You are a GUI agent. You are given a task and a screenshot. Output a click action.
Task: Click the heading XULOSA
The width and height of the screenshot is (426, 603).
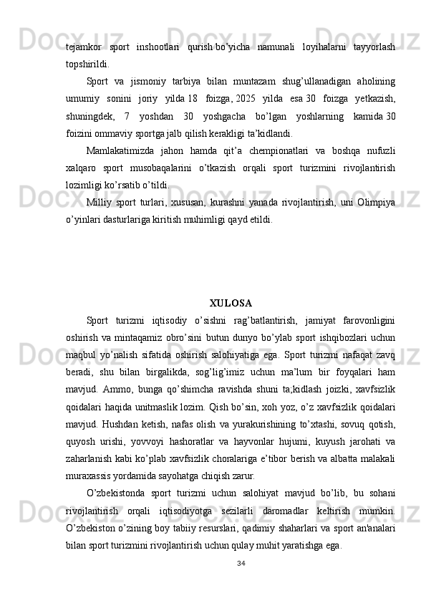(x=230, y=282)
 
